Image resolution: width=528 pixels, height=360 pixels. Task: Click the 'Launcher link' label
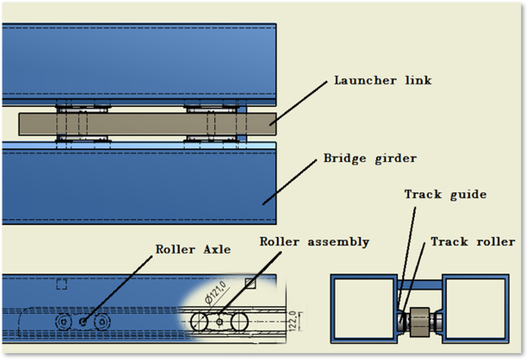click(383, 80)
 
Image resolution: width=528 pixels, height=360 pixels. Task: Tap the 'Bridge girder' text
click(370, 159)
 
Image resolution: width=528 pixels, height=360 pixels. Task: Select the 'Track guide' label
click(445, 195)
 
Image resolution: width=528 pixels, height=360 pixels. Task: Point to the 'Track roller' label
click(473, 242)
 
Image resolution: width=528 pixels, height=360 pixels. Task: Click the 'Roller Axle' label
click(193, 250)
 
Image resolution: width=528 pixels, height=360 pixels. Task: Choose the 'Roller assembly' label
click(314, 242)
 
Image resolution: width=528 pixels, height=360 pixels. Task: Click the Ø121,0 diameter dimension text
click(216, 293)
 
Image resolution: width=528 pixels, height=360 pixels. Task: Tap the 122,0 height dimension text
click(293, 321)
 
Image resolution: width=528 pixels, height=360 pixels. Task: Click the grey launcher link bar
click(147, 124)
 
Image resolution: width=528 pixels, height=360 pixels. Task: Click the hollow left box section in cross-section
click(332, 309)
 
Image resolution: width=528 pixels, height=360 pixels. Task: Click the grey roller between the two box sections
click(419, 322)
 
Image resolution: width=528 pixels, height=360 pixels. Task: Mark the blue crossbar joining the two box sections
click(420, 285)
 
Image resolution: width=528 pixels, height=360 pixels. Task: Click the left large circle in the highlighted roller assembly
click(191, 322)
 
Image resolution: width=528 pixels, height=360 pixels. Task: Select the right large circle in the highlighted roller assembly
click(247, 322)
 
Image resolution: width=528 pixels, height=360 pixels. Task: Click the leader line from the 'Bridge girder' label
click(289, 182)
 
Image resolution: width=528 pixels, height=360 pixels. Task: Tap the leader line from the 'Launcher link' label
click(299, 103)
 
